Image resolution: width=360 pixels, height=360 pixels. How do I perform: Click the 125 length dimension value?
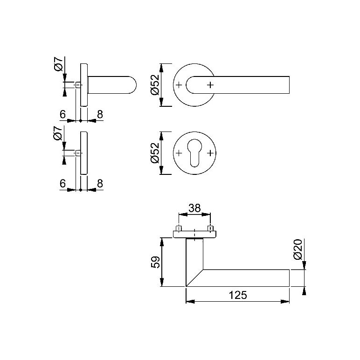[x=238, y=295]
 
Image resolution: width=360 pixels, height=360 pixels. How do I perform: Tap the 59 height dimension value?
[x=155, y=262]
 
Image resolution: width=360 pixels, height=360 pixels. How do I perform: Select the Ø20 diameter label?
[x=298, y=249]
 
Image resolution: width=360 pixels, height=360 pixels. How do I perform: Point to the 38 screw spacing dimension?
[x=194, y=208]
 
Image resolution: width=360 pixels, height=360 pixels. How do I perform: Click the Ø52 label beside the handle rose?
[x=155, y=85]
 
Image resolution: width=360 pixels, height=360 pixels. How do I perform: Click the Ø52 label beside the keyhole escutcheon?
[x=155, y=153]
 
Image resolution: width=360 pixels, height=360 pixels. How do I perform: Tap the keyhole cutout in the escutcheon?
[x=194, y=152]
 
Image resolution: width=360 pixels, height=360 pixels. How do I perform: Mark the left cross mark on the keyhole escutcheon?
[x=179, y=153]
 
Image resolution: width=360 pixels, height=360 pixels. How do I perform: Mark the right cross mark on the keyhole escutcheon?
[x=210, y=153]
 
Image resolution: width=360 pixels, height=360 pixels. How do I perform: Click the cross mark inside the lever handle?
[x=210, y=85]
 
